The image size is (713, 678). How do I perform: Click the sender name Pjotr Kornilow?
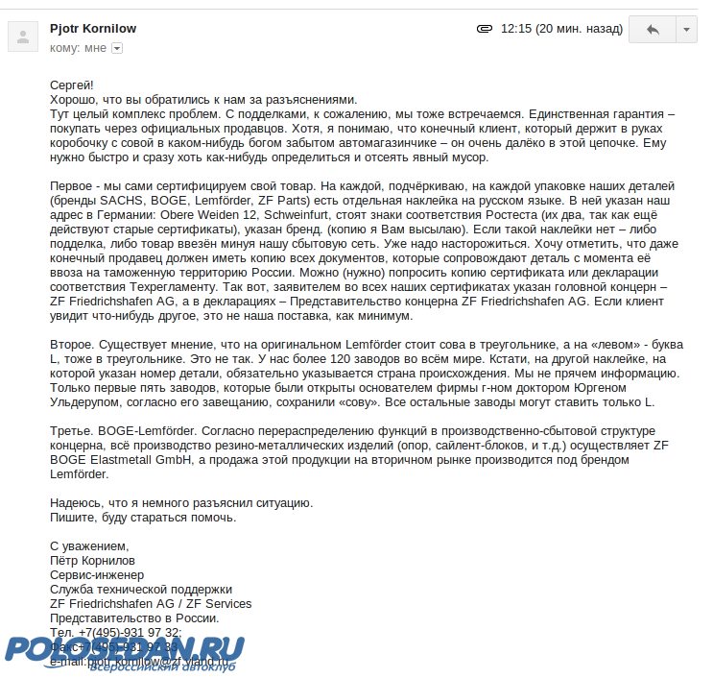click(x=92, y=29)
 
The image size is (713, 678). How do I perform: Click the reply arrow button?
click(x=653, y=30)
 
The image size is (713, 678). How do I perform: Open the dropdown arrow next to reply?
click(x=687, y=30)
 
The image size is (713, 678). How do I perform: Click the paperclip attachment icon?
click(x=485, y=29)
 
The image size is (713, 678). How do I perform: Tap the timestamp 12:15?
click(x=516, y=29)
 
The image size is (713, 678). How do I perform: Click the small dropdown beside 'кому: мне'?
click(x=117, y=47)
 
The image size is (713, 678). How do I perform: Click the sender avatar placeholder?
click(x=23, y=37)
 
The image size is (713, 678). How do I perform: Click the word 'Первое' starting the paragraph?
click(x=73, y=184)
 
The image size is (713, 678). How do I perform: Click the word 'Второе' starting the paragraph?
click(x=73, y=344)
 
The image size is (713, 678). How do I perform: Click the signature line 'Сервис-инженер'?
click(x=96, y=574)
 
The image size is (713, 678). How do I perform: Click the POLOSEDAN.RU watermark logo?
click(x=125, y=650)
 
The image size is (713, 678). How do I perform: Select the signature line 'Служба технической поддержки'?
click(x=140, y=589)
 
